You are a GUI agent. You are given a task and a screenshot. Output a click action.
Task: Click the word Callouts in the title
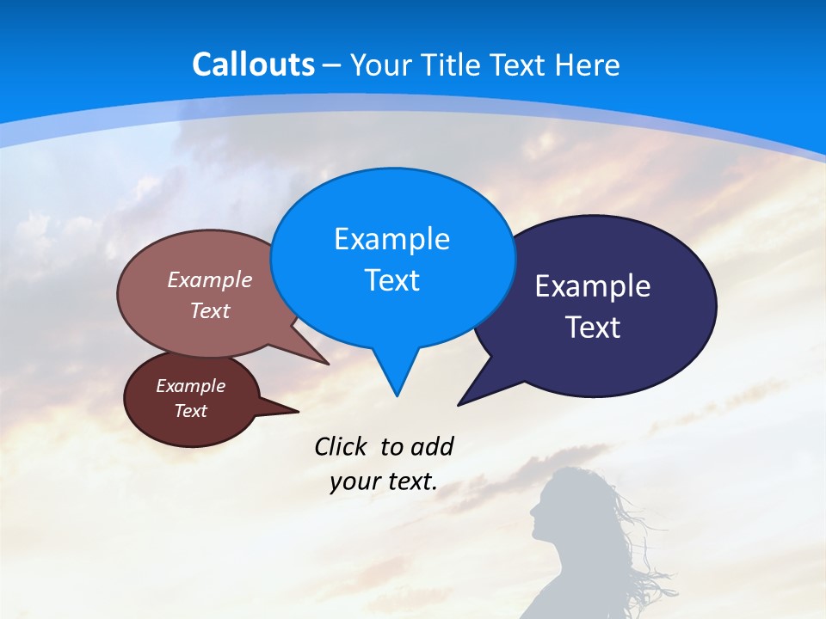coord(253,65)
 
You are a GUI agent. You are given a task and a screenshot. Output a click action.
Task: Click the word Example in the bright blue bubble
coord(391,239)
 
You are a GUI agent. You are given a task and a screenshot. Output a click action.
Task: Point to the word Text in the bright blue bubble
coord(391,280)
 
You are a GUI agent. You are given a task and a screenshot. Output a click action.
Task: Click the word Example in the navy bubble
coord(593,286)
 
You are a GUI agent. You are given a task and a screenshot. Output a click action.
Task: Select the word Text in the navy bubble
coord(593,328)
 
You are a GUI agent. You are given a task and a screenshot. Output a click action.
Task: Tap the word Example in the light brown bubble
coord(210,280)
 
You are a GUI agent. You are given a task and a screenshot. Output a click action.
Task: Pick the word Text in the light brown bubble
coord(210,310)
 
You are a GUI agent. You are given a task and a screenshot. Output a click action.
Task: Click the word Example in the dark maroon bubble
coord(190,386)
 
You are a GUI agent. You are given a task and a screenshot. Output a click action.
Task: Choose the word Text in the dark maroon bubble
coord(190,411)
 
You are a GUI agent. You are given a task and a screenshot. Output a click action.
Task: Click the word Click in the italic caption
coord(342,446)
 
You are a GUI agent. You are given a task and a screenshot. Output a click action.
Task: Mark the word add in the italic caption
coord(431,446)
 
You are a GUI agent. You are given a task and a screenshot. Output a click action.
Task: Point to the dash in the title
coord(332,65)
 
